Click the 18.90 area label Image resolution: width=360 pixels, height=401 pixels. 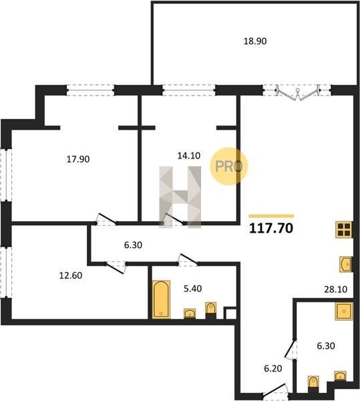[x=254, y=41]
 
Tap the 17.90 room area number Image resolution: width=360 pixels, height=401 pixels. [x=78, y=159]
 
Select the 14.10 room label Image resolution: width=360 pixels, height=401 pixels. [x=188, y=156]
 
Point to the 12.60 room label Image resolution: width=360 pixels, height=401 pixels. [x=71, y=275]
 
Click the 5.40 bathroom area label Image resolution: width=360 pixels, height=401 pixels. [x=192, y=289]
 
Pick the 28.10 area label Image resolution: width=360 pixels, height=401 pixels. [x=335, y=289]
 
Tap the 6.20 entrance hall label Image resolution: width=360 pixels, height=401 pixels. [x=273, y=368]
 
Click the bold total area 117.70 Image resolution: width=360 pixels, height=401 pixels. [x=271, y=229]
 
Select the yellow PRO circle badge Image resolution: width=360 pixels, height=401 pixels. [x=229, y=166]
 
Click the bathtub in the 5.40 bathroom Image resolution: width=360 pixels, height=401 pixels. [x=161, y=299]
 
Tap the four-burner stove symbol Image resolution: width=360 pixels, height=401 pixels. [x=344, y=229]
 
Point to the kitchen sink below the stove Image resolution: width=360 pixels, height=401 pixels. [x=345, y=264]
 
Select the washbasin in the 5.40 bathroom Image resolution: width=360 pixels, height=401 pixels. [x=190, y=313]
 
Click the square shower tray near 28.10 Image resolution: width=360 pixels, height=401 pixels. [x=344, y=311]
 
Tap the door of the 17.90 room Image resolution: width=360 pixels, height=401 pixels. [x=106, y=219]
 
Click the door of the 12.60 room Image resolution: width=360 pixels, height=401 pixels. [x=116, y=267]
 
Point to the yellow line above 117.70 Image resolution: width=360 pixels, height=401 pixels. [x=271, y=216]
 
